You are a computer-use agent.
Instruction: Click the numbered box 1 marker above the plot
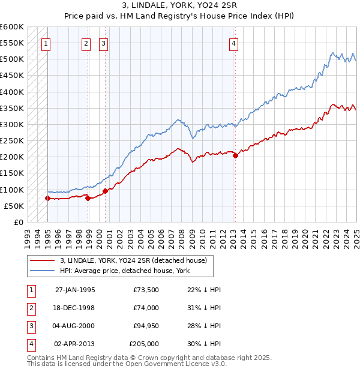[46, 43]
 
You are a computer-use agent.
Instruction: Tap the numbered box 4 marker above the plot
[233, 43]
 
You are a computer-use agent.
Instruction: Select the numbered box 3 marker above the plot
[103, 43]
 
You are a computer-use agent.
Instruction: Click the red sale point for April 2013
[235, 155]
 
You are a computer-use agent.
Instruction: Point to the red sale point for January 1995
[47, 198]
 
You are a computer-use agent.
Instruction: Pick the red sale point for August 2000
[105, 191]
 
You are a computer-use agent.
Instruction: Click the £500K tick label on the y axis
[11, 59]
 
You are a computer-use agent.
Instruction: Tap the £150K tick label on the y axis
[11, 173]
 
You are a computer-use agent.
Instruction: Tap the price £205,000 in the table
[144, 344]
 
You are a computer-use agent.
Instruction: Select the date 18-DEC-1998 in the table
[75, 308]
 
